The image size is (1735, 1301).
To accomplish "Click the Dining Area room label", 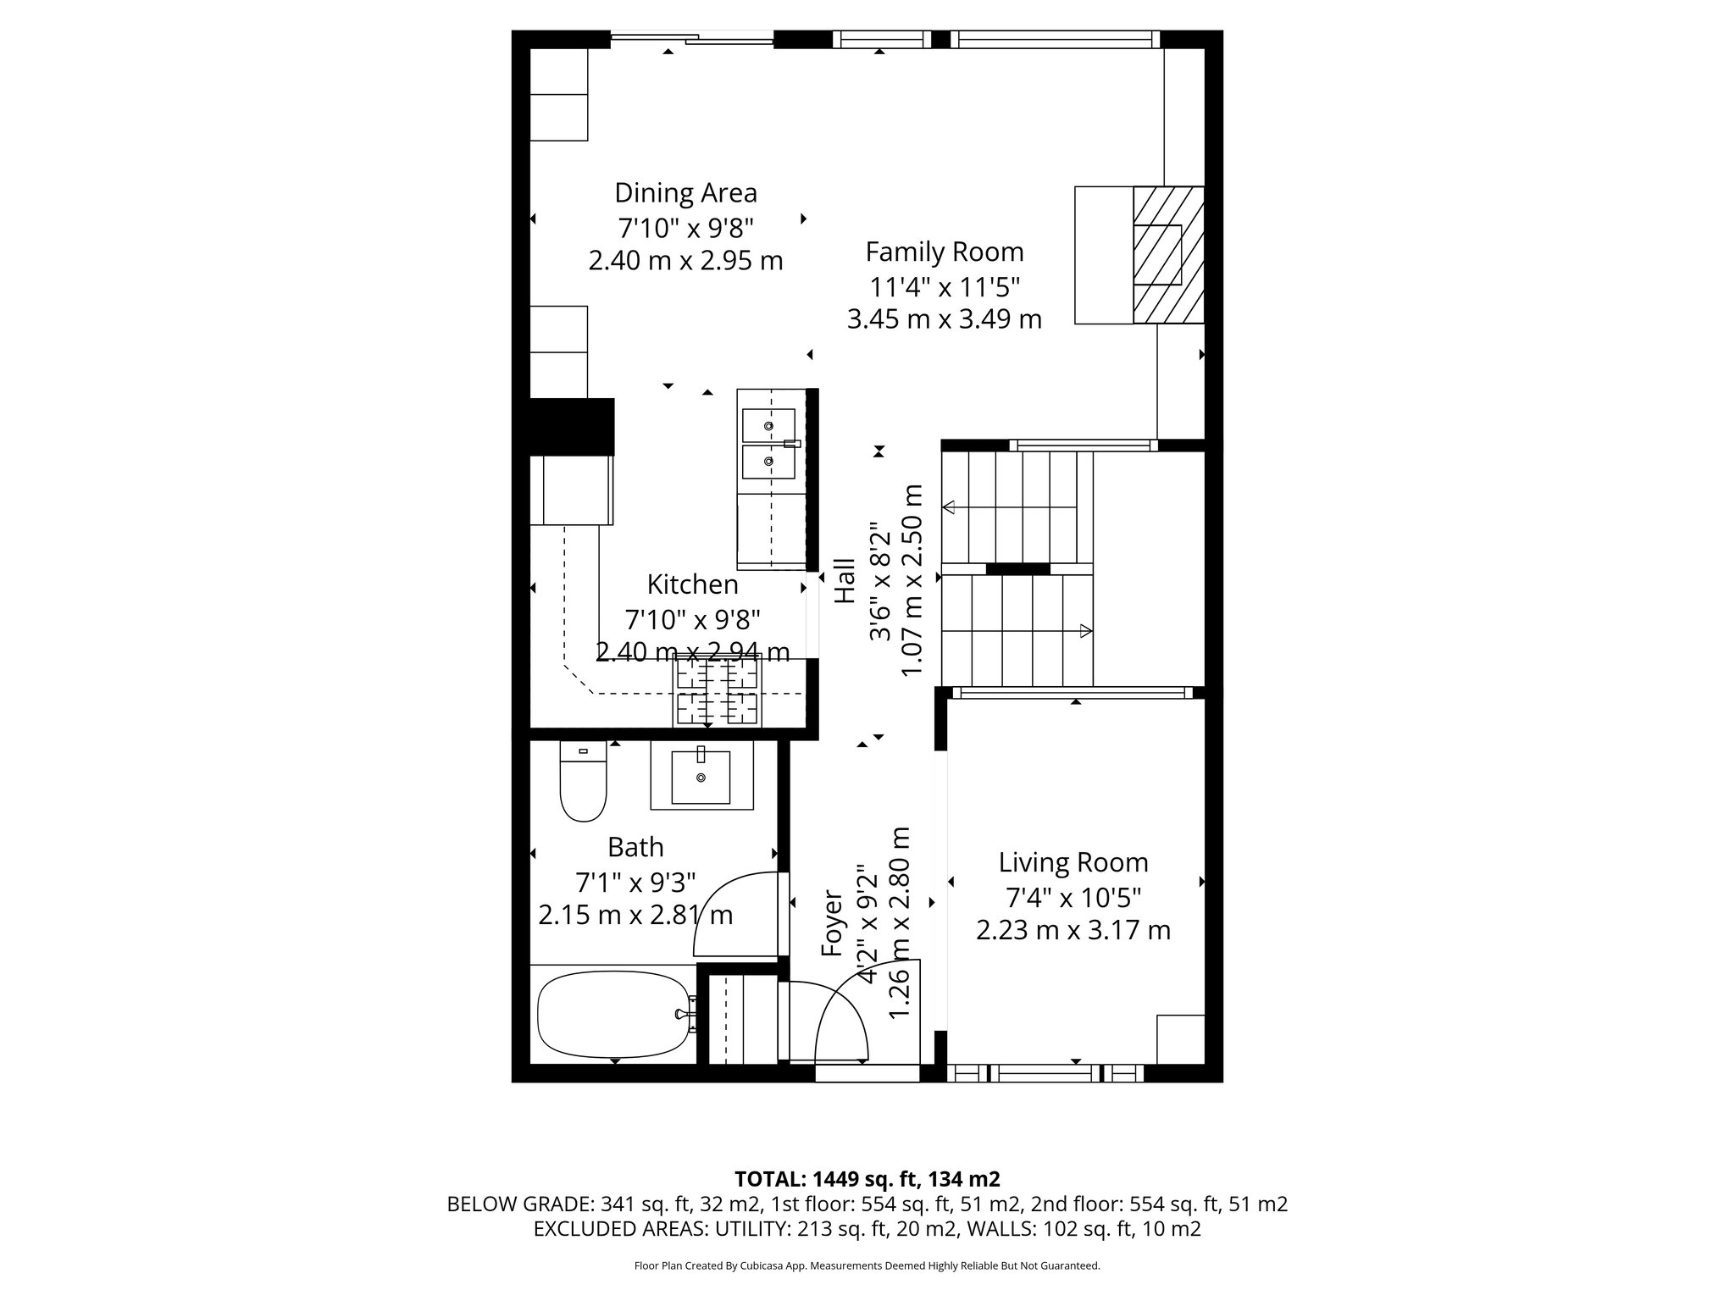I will pos(685,193).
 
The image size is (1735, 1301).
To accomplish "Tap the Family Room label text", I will pos(944,252).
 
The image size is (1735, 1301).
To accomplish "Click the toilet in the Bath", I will pos(584,783).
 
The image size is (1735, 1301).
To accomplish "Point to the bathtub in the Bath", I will pos(613,1014).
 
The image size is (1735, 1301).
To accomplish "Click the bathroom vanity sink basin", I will pos(701,777).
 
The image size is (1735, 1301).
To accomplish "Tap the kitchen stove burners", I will pos(717,690).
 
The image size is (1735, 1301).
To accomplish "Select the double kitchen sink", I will pos(768,444).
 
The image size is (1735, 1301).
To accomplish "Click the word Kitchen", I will pos(692,584).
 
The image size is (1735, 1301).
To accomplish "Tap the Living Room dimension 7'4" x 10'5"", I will pos(1073,897).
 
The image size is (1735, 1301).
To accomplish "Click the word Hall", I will pos(845,581).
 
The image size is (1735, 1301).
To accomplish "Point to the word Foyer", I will pos(834,924).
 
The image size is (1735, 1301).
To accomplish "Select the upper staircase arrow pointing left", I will pos(950,507).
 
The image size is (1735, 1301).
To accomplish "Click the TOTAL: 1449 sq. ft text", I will pos(866,1179).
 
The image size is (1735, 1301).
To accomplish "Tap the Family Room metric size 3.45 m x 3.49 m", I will pos(944,319).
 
